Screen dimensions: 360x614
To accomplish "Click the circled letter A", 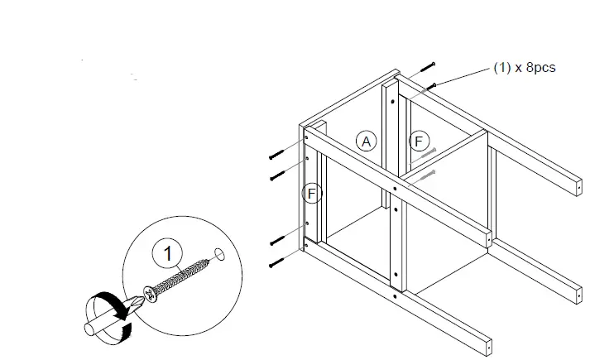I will (x=366, y=142).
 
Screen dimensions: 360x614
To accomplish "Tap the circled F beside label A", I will (x=420, y=142).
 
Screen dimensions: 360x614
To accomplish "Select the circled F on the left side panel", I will (x=312, y=194).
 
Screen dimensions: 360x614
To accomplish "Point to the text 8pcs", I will (x=537, y=68).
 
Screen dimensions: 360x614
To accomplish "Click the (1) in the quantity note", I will (x=502, y=68).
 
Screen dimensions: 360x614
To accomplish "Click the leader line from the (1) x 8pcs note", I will (x=463, y=75).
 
